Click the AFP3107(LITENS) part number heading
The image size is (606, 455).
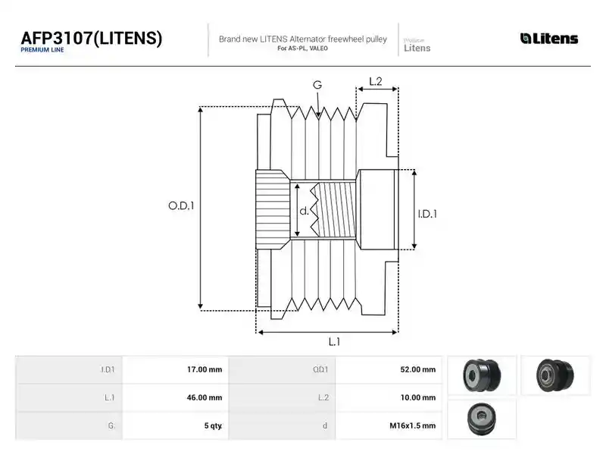coord(91,39)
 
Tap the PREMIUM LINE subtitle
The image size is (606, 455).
coord(42,50)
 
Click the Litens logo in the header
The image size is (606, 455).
coord(548,39)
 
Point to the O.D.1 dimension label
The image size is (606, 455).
coord(181,206)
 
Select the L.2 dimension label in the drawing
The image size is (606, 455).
coord(375,81)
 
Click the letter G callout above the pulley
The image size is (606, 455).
coord(317,85)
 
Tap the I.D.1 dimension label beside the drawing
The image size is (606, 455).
coord(427,214)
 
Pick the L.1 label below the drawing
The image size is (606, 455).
coord(334,342)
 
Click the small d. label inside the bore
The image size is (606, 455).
coord(305,211)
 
